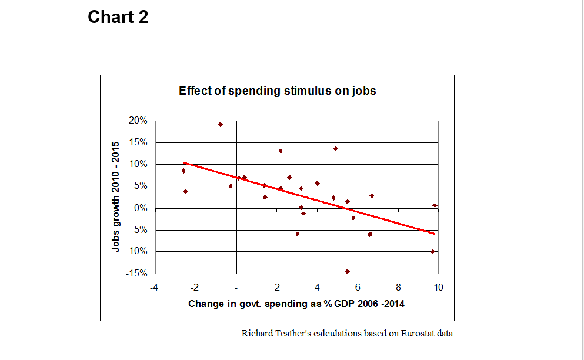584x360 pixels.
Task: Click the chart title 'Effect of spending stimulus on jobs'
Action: pos(278,91)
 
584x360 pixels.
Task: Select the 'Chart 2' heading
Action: pos(118,17)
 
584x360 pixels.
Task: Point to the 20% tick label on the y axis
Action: pos(138,121)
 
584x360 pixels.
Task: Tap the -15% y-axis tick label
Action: pos(136,274)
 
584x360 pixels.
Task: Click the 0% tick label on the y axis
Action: pos(141,208)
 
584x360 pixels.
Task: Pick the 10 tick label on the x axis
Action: pos(438,288)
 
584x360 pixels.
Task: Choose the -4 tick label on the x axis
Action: pos(153,288)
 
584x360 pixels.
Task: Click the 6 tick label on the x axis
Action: pos(358,288)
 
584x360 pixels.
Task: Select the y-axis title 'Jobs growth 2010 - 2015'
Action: pos(116,196)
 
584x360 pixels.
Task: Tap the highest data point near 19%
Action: pos(220,124)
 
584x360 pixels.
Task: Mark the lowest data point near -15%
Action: pos(348,271)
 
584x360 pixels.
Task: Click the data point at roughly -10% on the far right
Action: pos(433,252)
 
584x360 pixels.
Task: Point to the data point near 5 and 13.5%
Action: pos(336,149)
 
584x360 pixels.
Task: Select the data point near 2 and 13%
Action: pos(281,151)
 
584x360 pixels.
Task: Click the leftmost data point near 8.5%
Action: pos(183,171)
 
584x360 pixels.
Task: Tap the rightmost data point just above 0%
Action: pos(435,205)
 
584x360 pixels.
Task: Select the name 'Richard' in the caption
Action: pos(257,334)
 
